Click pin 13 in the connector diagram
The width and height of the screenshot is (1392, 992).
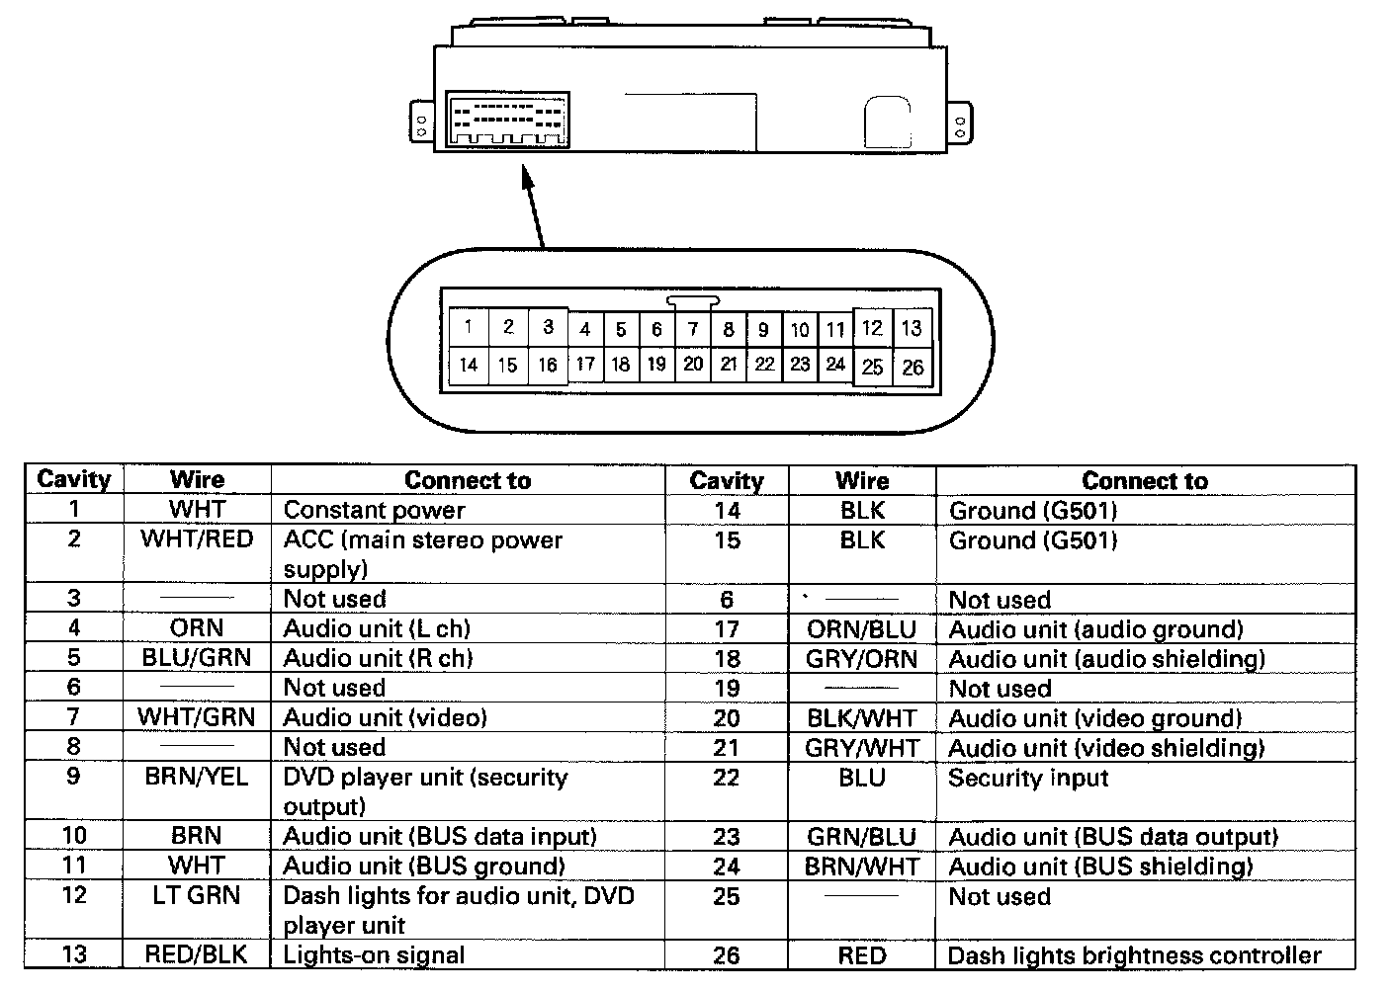click(x=912, y=328)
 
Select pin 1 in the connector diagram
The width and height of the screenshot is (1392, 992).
click(x=468, y=328)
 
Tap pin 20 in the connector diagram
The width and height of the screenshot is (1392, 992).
click(x=693, y=364)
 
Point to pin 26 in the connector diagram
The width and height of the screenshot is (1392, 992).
click(x=912, y=368)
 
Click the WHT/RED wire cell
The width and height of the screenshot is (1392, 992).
click(x=197, y=540)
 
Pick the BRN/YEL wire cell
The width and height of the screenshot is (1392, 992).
click(x=197, y=778)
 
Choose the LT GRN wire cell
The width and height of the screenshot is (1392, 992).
click(x=197, y=896)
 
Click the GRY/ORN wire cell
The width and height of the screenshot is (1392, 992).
click(x=862, y=659)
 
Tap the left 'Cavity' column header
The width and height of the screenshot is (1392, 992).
click(x=73, y=480)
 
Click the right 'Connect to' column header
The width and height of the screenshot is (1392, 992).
click(x=1144, y=481)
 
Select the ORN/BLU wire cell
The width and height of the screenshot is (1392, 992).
click(x=862, y=629)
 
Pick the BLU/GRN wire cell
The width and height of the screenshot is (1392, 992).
click(x=197, y=658)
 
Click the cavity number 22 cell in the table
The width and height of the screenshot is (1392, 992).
click(x=727, y=779)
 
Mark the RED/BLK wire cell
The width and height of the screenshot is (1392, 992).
click(x=197, y=955)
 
